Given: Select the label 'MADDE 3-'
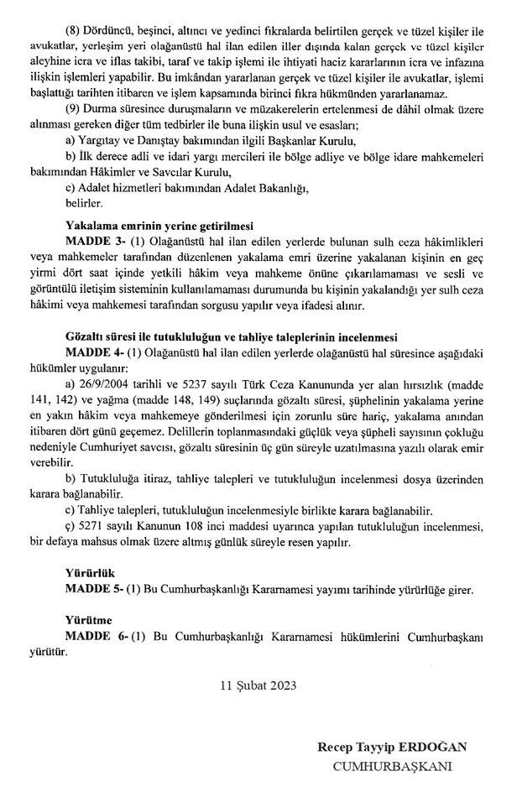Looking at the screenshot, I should click(x=92, y=241).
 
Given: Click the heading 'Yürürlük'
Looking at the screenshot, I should click(x=88, y=575).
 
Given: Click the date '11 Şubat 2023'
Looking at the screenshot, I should click(x=258, y=684).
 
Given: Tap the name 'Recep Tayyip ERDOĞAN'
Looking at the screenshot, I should click(x=392, y=748).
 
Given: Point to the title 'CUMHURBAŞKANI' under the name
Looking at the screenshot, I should click(x=393, y=766).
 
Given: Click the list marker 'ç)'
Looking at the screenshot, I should click(x=70, y=526).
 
